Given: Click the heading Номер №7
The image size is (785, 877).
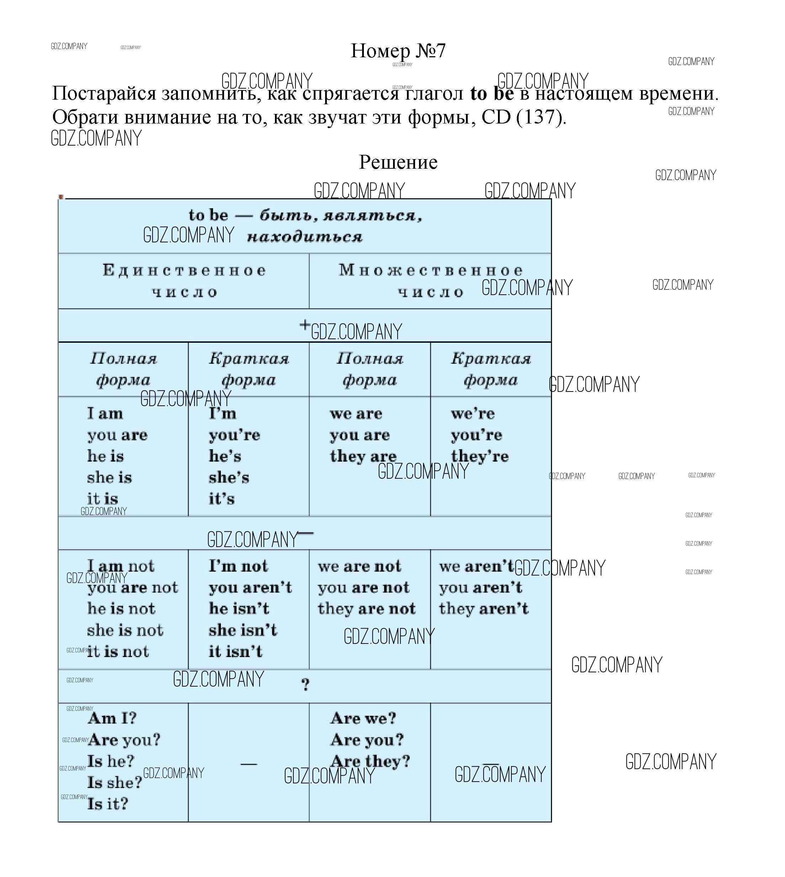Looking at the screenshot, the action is [398, 51].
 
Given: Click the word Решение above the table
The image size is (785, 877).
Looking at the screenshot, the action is [398, 162].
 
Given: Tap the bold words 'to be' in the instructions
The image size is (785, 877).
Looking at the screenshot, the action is [492, 93].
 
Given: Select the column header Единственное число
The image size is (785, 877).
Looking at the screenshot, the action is [184, 281].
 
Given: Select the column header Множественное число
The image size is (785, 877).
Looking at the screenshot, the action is [430, 281].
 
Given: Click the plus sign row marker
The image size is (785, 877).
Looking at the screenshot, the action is [305, 325].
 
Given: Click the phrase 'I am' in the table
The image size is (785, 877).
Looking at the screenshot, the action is [105, 414].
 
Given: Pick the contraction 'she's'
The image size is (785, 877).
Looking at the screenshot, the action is [229, 477].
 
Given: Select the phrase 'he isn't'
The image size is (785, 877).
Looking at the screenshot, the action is [239, 609].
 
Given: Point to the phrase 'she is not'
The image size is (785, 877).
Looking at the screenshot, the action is [126, 630].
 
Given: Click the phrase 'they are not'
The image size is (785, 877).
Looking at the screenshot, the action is [367, 609].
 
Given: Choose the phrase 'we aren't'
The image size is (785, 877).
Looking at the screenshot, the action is [477, 566].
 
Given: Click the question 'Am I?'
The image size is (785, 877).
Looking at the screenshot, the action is [112, 718].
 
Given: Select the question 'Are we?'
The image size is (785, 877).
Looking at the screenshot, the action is [364, 718].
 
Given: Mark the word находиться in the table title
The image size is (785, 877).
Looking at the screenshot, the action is [305, 237].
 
